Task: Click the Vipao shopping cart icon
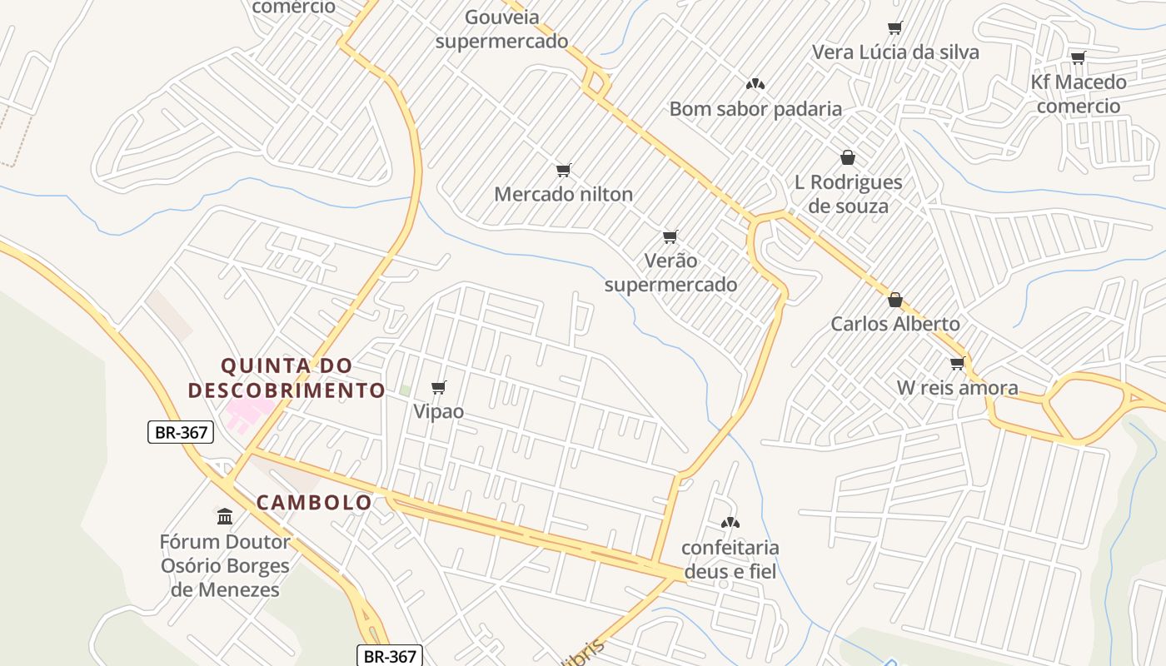pyautogui.click(x=439, y=387)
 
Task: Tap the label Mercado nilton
pyautogui.click(x=563, y=194)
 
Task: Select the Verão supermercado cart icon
pyautogui.click(x=670, y=236)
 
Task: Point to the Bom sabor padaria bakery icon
pyautogui.click(x=755, y=84)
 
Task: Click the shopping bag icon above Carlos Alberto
pyautogui.click(x=895, y=300)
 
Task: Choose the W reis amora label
pyautogui.click(x=957, y=388)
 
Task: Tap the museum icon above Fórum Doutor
pyautogui.click(x=225, y=516)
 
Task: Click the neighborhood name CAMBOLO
pyautogui.click(x=314, y=503)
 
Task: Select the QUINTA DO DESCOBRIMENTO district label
pyautogui.click(x=287, y=378)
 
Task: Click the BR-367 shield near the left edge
pyautogui.click(x=181, y=432)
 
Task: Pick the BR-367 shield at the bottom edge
pyautogui.click(x=391, y=656)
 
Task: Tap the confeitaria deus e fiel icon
pyautogui.click(x=730, y=523)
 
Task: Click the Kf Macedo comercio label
pyautogui.click(x=1079, y=94)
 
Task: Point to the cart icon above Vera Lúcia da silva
pyautogui.click(x=895, y=28)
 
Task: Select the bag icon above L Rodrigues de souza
pyautogui.click(x=848, y=157)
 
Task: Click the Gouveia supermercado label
pyautogui.click(x=501, y=29)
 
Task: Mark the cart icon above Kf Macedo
pyautogui.click(x=1079, y=57)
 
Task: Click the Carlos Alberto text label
pyautogui.click(x=895, y=324)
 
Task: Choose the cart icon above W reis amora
pyautogui.click(x=958, y=363)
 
